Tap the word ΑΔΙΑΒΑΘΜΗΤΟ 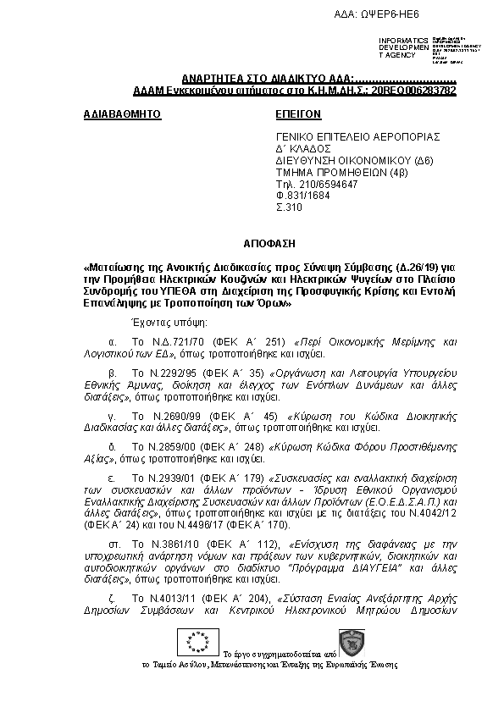click(x=124, y=113)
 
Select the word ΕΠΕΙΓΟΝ click(x=299, y=113)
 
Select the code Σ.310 click(x=289, y=207)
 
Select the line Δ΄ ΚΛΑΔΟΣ click(x=301, y=147)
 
